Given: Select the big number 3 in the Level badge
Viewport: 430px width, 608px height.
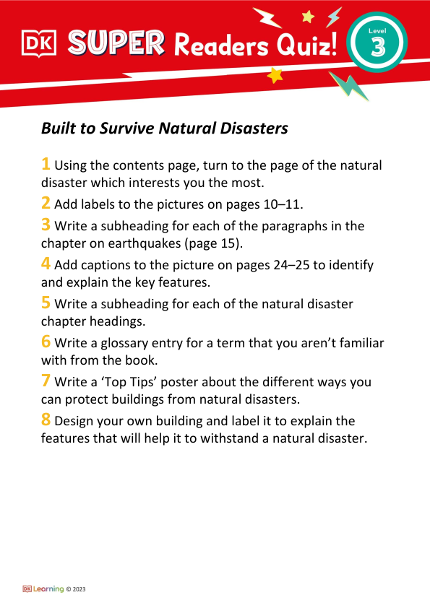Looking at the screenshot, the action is coord(377,48).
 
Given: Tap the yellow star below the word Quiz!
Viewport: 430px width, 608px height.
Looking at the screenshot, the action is coord(275,75).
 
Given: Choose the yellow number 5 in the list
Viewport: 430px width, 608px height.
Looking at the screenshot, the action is coord(46,303).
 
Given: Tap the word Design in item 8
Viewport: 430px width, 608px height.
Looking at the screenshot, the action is coord(75,420).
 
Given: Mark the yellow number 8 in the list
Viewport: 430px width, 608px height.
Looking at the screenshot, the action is coord(46,419).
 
